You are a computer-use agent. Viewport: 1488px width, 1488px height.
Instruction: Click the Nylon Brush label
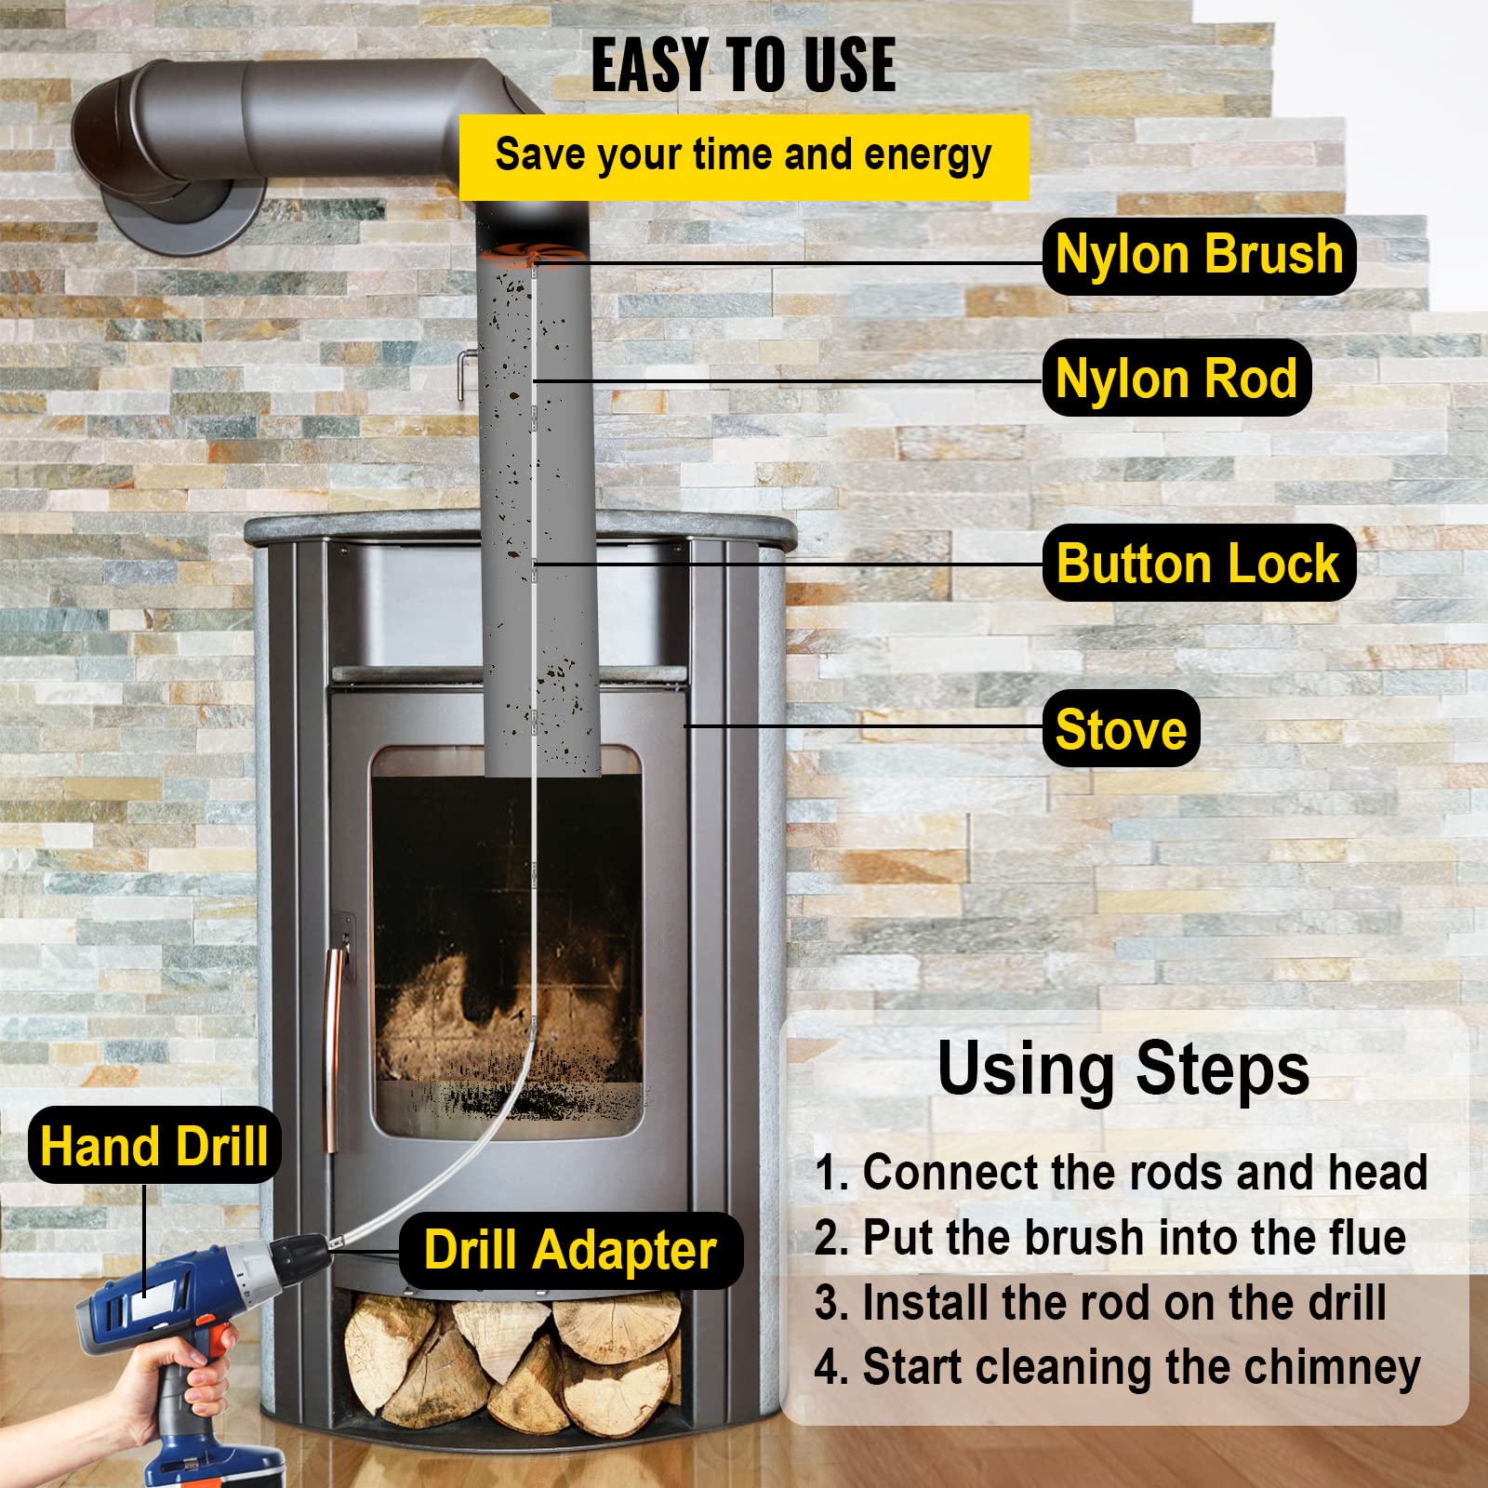1199,256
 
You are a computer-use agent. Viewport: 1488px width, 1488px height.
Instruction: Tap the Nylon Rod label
1176,379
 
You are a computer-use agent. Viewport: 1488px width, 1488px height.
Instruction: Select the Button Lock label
1198,564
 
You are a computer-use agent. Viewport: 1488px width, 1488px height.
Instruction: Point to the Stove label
1121,729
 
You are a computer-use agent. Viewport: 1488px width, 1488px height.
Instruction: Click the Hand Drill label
154,1146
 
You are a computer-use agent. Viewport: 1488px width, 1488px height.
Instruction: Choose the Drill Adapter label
570,1250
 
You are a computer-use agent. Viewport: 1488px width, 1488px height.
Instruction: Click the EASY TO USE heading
743,65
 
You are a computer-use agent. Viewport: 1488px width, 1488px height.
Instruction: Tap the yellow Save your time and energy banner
743,156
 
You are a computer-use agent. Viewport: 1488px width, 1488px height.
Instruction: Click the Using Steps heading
1123,1069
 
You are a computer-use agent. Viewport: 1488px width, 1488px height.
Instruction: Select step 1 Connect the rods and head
1121,1172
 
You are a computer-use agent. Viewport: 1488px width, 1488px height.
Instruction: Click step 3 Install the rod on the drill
1100,1303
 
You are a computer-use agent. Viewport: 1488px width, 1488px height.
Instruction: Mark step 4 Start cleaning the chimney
1117,1368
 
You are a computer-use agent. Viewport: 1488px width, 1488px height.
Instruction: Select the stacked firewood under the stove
507,1358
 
